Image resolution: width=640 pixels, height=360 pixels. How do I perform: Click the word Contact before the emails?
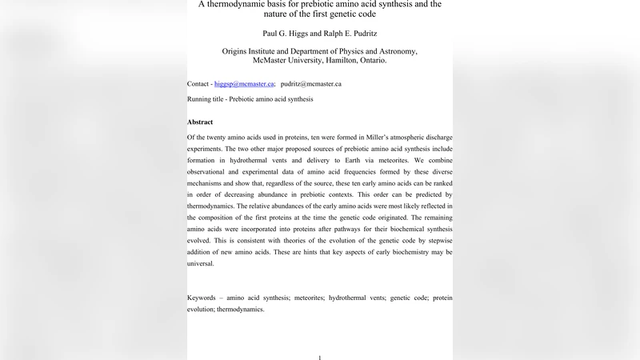click(x=198, y=84)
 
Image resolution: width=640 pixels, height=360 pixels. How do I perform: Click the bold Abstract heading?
click(x=200, y=122)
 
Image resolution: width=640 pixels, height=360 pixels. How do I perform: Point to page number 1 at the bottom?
click(x=320, y=357)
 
